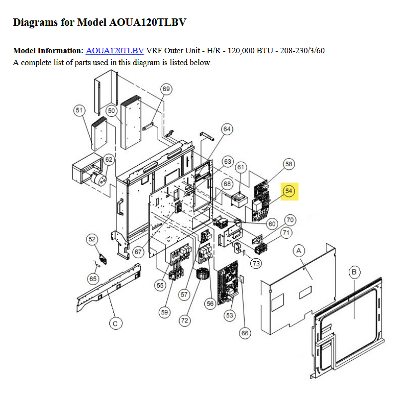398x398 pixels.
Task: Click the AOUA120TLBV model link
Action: tap(115, 51)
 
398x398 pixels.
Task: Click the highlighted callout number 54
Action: tap(289, 191)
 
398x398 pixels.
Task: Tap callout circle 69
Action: tap(166, 89)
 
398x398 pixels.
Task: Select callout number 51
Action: tap(79, 110)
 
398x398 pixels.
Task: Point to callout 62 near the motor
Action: tap(109, 160)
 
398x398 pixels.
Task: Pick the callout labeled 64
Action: tap(227, 129)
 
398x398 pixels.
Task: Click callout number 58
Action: tap(289, 164)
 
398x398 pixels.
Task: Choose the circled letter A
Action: tap(299, 251)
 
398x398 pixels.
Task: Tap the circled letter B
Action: tap(354, 272)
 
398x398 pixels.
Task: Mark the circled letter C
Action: tap(115, 324)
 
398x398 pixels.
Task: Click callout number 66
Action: tap(245, 333)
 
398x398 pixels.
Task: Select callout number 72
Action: tap(185, 320)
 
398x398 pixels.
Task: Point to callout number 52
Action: tap(92, 239)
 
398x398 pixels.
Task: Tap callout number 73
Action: tap(256, 264)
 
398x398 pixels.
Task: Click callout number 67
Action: tap(138, 252)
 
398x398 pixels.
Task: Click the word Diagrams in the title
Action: tap(35, 22)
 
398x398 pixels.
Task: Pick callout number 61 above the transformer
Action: tap(241, 167)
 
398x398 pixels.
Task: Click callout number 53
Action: tap(229, 315)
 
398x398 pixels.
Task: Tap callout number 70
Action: tap(290, 220)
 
